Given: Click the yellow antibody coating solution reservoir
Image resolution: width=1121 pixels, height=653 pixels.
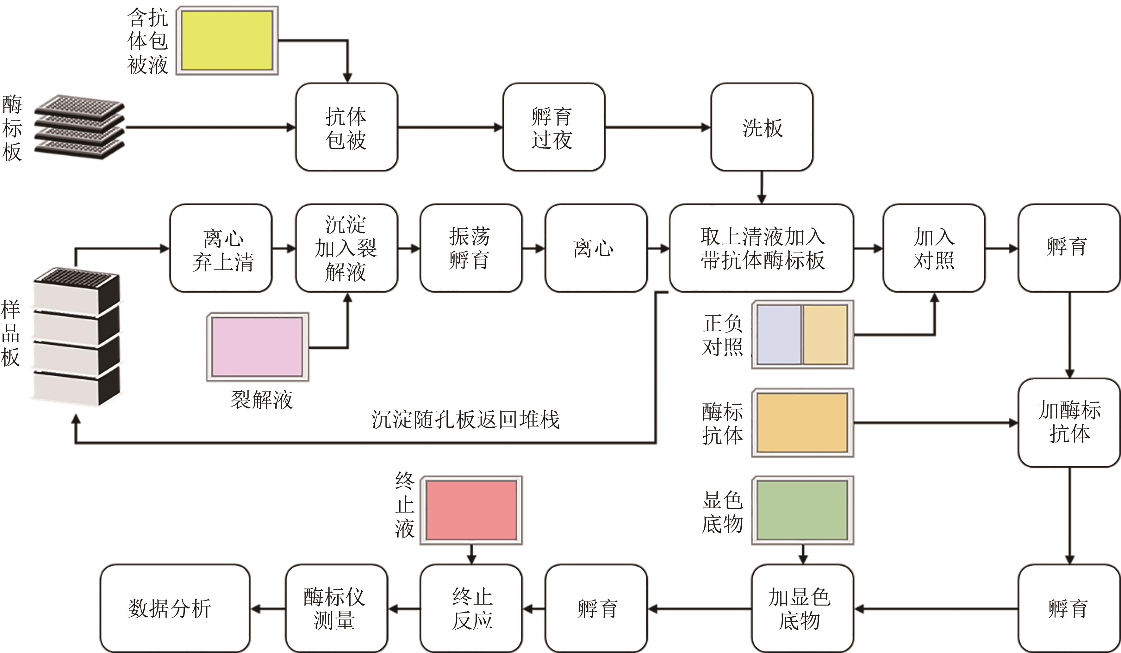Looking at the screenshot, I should tap(227, 40).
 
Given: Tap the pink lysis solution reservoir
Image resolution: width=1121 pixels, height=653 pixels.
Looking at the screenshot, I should tap(257, 346).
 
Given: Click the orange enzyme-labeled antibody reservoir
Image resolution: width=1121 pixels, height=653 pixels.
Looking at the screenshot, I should tap(802, 423).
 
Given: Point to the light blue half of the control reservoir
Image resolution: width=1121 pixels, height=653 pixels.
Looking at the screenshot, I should tap(778, 334).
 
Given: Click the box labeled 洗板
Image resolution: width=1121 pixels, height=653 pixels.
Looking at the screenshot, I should tap(762, 127).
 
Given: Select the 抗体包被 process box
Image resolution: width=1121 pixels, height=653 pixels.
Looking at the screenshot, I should tap(346, 127).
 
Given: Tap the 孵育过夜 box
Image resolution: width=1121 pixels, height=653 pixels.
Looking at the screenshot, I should tap(554, 127).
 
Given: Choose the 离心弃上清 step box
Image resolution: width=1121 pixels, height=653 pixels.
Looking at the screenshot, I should tap(221, 248).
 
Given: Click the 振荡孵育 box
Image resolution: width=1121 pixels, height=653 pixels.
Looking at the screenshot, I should tap(470, 248).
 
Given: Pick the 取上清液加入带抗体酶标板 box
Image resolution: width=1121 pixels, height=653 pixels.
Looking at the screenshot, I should tap(762, 248).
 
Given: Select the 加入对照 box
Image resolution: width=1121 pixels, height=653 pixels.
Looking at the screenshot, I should tap(934, 248).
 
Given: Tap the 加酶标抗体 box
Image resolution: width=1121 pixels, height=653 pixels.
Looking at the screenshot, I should tap(1069, 423).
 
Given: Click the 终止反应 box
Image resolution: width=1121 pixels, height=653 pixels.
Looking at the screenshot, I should tap(471, 608).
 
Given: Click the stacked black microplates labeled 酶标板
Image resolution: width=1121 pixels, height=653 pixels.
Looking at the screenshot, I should tap(79, 127).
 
